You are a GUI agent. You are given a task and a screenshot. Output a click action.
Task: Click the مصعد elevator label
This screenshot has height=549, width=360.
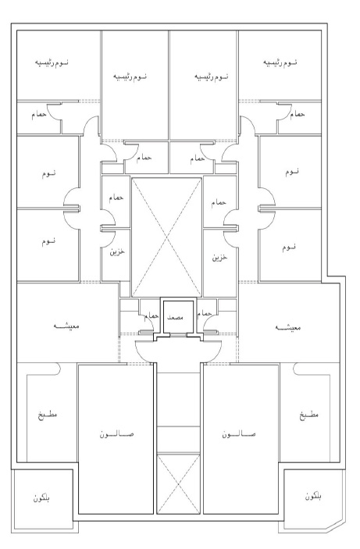tap(175, 317)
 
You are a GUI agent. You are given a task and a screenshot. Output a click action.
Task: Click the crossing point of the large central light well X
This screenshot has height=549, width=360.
tap(166, 237)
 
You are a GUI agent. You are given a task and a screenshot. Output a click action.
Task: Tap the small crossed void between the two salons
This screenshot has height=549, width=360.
tap(178, 484)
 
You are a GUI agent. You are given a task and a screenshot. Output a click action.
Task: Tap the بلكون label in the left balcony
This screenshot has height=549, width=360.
tap(41, 498)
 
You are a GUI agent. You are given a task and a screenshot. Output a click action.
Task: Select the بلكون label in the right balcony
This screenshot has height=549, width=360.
tap(313, 496)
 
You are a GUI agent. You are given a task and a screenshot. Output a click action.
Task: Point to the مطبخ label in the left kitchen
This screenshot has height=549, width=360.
tap(48, 415)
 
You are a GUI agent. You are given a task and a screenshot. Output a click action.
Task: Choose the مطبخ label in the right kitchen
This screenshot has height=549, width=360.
tap(309, 415)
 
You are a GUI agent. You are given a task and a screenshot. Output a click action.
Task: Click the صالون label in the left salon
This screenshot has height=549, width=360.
tap(116, 434)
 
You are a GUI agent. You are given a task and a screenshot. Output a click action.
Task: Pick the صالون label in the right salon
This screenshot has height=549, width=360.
tap(238, 434)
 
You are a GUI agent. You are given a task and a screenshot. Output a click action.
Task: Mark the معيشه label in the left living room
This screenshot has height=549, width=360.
tap(66, 326)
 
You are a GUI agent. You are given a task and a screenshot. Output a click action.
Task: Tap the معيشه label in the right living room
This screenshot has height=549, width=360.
tap(287, 328)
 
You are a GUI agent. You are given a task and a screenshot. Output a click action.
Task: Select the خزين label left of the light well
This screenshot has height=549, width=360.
tap(117, 251)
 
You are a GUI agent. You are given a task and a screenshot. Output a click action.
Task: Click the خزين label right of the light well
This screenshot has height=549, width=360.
tap(219, 258)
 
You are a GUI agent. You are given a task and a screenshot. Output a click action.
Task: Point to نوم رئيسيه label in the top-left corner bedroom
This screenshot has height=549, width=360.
tap(52, 62)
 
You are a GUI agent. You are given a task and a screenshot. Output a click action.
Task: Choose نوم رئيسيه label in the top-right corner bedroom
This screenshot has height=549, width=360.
tap(280, 62)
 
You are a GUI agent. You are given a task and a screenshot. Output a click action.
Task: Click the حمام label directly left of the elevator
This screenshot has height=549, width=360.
tap(151, 315)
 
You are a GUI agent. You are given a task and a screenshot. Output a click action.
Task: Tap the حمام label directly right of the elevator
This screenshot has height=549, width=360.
tap(204, 313)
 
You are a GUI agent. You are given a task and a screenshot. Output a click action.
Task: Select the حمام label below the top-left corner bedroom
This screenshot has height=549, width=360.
tap(39, 116)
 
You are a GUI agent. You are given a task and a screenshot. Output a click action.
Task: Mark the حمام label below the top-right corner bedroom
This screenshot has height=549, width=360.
tap(298, 114)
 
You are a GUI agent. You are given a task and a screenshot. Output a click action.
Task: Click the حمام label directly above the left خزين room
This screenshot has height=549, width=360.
tap(116, 198)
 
